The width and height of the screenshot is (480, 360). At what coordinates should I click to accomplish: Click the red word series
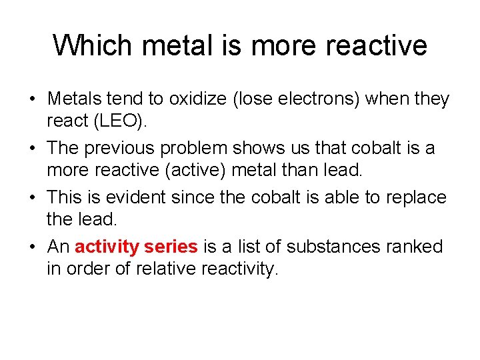[171, 247]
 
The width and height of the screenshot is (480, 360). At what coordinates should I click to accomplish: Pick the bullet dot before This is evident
[32, 198]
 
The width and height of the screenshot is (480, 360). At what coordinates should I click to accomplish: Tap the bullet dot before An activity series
[32, 247]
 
